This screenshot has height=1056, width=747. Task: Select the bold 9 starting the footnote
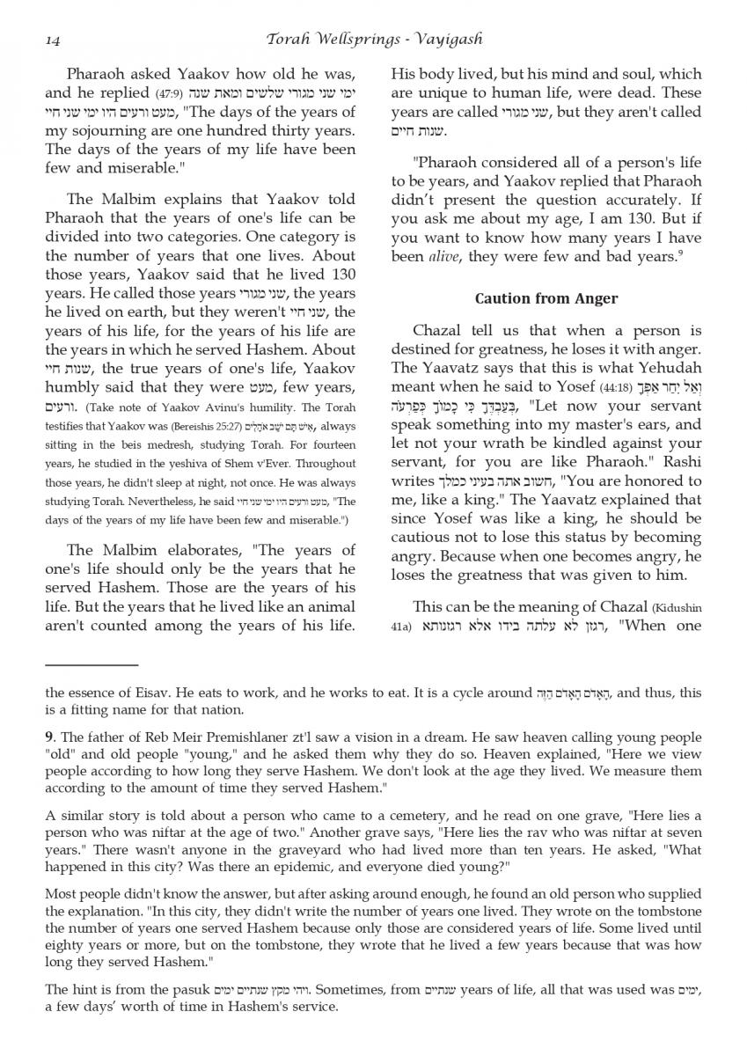coord(49,735)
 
